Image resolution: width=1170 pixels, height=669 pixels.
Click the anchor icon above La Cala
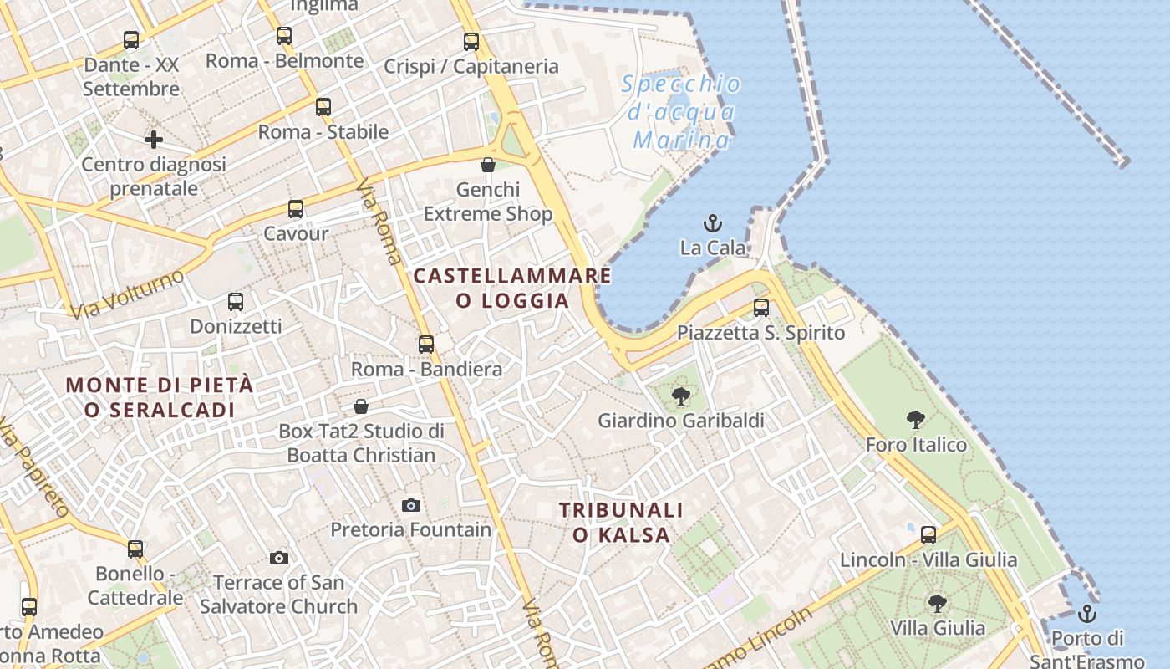coord(713,223)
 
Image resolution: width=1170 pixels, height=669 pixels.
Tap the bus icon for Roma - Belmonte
coord(284,36)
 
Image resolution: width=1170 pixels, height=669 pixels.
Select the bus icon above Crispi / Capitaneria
coord(471,41)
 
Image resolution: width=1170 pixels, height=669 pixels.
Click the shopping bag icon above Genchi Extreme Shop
coord(488,165)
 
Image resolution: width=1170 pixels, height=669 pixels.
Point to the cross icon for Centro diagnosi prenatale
coord(154,140)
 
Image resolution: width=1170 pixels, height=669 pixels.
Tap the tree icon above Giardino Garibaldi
coord(681,396)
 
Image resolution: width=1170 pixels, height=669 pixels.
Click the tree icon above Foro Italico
coord(916,420)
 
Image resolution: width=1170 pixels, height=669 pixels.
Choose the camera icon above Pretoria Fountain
coord(410,505)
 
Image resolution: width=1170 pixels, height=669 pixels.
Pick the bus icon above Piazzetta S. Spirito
coord(761,308)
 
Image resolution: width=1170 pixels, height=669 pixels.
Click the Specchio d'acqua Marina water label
coord(682,111)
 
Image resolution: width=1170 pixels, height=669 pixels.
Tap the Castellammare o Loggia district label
coord(512,288)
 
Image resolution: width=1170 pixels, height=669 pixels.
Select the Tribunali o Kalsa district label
coord(621,522)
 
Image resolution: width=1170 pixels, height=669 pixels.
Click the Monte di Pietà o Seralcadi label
coord(159,397)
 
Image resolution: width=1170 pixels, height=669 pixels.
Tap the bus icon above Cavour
coord(296,209)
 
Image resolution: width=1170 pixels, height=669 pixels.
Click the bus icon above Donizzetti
coord(236,302)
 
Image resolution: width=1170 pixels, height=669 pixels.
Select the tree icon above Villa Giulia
coord(938,603)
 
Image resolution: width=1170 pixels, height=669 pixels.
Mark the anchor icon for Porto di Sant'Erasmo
coord(1086,615)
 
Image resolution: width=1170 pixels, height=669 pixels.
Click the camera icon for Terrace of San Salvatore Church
coord(279,558)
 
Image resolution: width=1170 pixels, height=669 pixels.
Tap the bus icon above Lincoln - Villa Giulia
coord(928,535)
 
